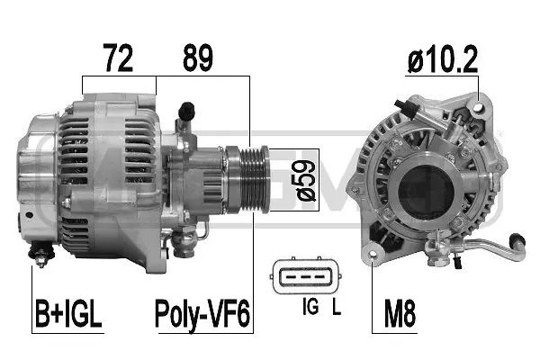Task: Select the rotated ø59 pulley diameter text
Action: click(306, 180)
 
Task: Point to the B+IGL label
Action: click(69, 315)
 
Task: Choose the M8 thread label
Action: click(400, 315)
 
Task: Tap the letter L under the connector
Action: click(335, 308)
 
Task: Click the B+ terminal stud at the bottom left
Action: click(41, 255)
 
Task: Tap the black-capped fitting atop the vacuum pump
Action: click(187, 112)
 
